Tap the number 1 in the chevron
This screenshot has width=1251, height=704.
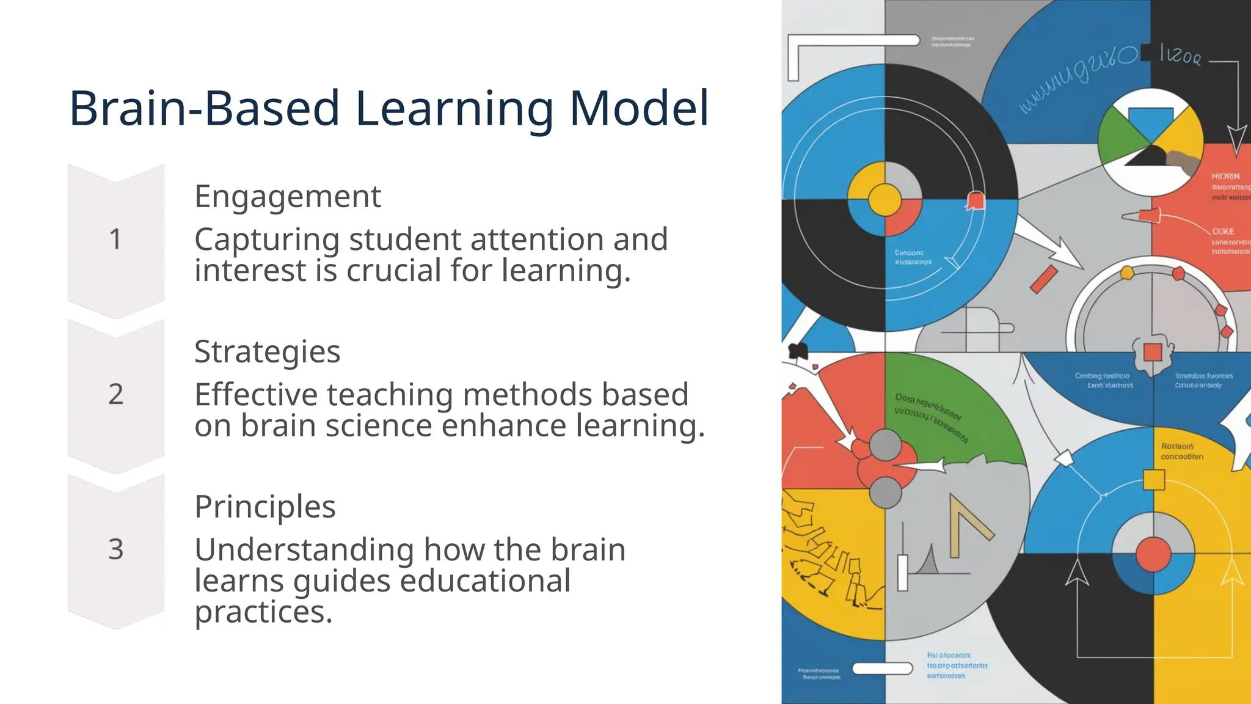coord(115,239)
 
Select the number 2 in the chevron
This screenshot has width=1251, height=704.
coord(115,394)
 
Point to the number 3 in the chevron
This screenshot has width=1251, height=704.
coord(115,549)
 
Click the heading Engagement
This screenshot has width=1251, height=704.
coord(287,197)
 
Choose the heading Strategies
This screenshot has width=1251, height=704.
coord(267,352)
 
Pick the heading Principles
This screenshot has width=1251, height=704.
coord(264,507)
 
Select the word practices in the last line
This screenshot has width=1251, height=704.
coord(263,611)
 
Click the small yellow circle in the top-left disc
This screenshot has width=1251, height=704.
coord(884,199)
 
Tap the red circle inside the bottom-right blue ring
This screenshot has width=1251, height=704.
coord(1153,555)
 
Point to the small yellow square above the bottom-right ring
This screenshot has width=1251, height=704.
coord(1153,480)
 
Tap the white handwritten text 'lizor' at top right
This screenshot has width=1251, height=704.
coord(1180,56)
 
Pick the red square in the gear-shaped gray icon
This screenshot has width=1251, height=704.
coord(1152,353)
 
